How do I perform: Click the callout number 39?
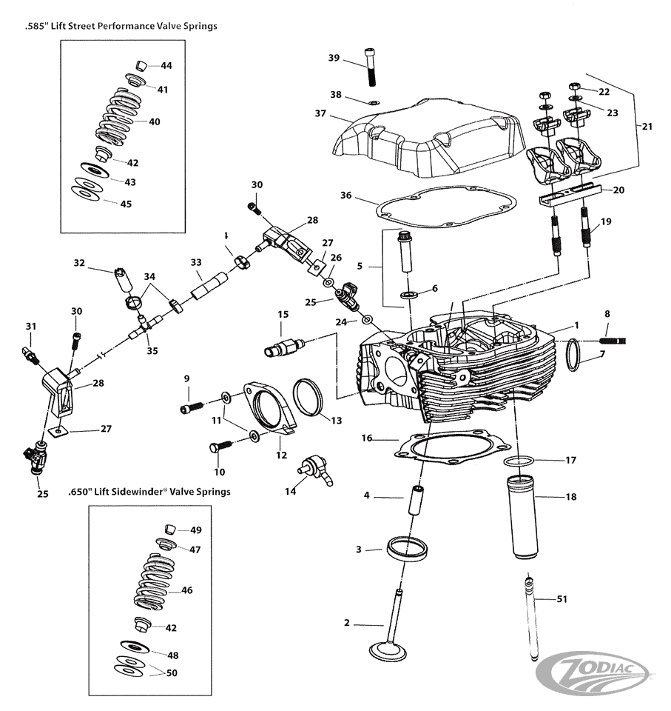tap(334, 58)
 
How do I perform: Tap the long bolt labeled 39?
tap(370, 67)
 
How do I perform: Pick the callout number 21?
tap(647, 126)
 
